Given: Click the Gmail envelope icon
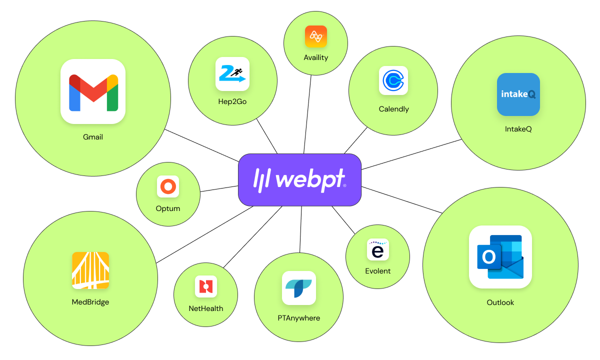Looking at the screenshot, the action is pos(93,91).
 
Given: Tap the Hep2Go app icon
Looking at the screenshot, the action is pos(232,74).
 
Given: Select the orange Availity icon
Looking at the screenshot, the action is pos(316,36).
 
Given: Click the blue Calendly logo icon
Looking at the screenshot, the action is pos(393,80).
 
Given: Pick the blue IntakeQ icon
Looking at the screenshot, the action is pos(518,94).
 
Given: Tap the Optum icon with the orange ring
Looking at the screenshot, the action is pos(168,186).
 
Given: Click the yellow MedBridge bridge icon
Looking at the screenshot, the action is pos(90,270).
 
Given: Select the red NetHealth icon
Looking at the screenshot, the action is pos(205,286).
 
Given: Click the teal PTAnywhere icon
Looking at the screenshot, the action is pos(299,288).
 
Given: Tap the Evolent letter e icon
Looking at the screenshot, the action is pos(377,249).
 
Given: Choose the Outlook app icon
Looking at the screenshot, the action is pos(500,257).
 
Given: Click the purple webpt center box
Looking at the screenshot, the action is pos(299,179).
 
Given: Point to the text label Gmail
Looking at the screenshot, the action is pos(93,137).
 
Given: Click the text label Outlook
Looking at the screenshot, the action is pos(500,302).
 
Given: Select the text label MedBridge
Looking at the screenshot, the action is pos(90,302).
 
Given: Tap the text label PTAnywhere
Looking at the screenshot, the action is pos(299,318).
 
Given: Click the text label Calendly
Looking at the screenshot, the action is pos(394,109).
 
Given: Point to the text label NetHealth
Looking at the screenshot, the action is pos(205,308).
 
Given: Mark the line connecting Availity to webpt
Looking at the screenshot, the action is pos(307,114).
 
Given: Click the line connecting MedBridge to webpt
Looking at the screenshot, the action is pos(204,234).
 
